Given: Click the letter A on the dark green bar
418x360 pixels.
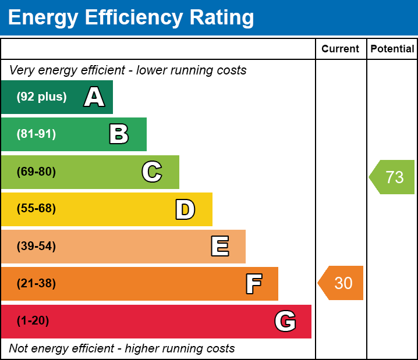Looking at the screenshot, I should point(94,97).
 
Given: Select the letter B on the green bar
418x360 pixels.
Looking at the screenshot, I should point(119,134).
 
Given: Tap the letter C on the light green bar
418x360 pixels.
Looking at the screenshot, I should point(152,172).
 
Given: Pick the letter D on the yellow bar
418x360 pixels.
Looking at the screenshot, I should point(185,209).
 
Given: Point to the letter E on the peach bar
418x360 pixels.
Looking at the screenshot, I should point(219,247).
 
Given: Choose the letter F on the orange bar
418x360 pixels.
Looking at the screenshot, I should point(253,284).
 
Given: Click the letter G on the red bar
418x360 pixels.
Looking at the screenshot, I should point(285,321).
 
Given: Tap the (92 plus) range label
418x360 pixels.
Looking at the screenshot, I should point(41,97).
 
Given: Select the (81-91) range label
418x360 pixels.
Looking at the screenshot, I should point(36,134).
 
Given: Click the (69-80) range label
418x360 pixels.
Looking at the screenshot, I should point(36,172).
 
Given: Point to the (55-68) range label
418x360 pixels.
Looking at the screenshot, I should point(36,209).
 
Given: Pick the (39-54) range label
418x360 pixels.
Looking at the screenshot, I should point(36,246).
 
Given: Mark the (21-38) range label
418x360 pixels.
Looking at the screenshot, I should point(36,284).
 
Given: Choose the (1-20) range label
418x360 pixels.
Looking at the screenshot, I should point(33,321).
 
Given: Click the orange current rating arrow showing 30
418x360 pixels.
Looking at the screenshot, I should point(342,283).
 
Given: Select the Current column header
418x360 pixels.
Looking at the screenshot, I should point(341,49).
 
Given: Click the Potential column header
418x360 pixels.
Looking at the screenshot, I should point(392,49).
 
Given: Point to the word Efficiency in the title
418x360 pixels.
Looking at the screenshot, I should point(130,18).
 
